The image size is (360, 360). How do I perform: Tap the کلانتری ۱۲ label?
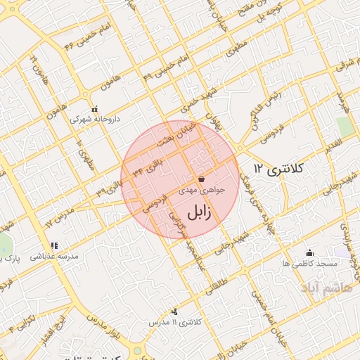point(278,169)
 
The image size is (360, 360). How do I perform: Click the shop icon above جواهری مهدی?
point(202,179)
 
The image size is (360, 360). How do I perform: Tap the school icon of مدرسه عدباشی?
point(55,245)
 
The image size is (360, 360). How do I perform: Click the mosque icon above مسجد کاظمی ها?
point(309,252)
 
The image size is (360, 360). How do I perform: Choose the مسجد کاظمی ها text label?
point(309,263)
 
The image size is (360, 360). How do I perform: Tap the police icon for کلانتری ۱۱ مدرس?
point(174,311)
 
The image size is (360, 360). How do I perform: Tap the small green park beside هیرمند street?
point(345,126)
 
